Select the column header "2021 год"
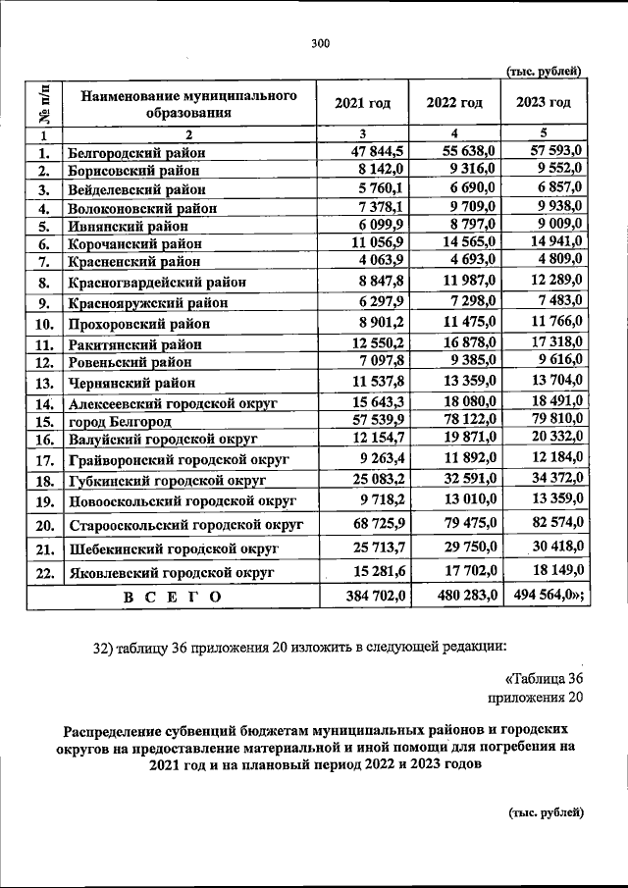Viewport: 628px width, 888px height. [x=363, y=103]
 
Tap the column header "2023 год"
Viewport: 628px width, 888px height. [x=543, y=102]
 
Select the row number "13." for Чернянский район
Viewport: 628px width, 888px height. [x=44, y=384]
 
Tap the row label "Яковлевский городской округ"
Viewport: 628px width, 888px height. [x=171, y=572]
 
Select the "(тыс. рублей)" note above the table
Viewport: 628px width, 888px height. [x=544, y=70]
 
